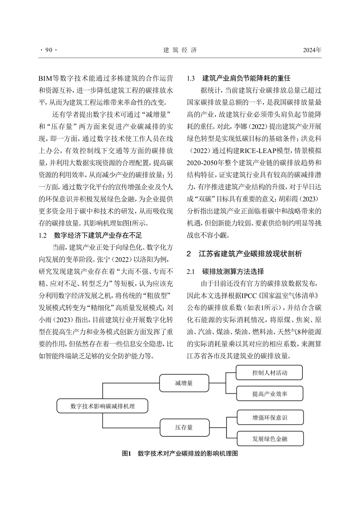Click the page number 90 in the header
click(48, 50)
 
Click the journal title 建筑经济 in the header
click(180, 50)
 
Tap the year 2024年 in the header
click(312, 50)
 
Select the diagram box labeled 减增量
click(184, 383)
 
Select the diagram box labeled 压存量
click(184, 427)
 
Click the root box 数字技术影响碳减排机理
click(102, 406)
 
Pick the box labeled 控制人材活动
click(269, 373)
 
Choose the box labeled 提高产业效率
click(269, 394)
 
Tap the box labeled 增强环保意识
click(269, 417)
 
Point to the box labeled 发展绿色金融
click(269, 439)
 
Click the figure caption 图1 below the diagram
click(180, 453)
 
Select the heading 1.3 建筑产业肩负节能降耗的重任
click(239, 78)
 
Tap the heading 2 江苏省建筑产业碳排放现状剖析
click(244, 254)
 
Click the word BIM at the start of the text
click(45, 79)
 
